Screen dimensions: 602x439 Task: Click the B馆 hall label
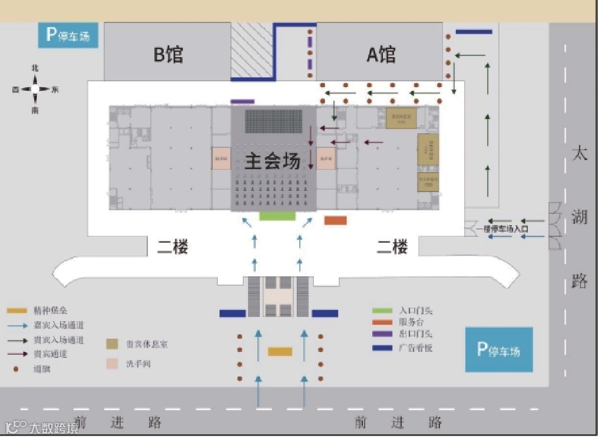pos(168,54)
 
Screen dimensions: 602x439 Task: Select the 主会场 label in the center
pos(272,160)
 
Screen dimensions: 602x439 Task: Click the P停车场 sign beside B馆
pos(68,36)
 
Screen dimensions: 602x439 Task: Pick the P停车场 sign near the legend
pos(498,350)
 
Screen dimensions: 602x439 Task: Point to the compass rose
pos(35,90)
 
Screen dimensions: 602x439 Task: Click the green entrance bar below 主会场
pos(277,216)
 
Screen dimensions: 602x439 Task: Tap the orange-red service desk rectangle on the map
pos(335,220)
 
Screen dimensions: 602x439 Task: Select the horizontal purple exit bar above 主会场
pos(242,102)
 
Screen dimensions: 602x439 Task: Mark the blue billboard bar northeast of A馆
pos(474,32)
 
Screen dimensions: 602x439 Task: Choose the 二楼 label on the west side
pos(172,247)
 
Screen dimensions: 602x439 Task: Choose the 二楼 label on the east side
pos(392,247)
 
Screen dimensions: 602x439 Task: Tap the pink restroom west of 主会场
pos(221,159)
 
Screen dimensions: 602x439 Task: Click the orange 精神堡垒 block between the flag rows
pos(280,352)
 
